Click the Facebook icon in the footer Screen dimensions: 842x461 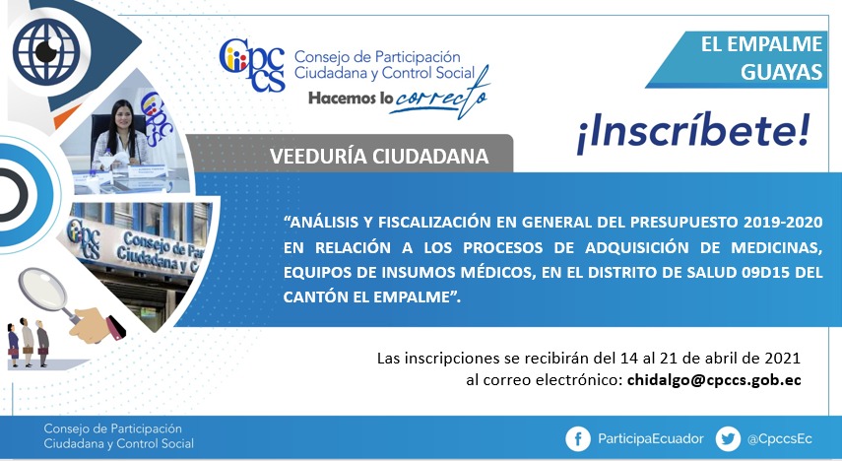578,439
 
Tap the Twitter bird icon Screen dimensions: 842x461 728,439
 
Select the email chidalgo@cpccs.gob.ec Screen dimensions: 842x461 714,380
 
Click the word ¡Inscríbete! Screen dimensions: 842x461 692,133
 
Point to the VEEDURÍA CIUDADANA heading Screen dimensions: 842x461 379,157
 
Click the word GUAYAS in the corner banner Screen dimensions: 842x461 781,72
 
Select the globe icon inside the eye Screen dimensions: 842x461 46,51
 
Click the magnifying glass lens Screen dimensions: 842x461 43,289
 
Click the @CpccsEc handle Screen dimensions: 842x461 779,439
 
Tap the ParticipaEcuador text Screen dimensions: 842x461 650,439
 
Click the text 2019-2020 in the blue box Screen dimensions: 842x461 783,222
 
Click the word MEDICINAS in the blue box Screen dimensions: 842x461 776,247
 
